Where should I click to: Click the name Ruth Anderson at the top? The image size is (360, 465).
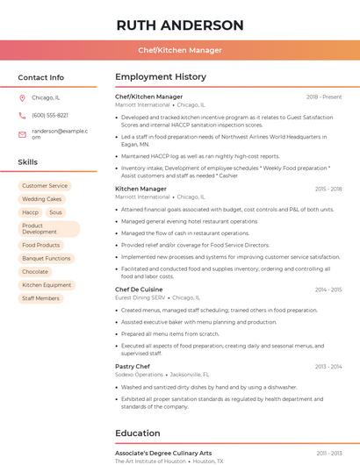pyautogui.click(x=180, y=25)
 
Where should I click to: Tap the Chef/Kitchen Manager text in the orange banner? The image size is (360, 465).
pyautogui.click(x=180, y=50)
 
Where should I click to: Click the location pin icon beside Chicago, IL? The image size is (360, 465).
pyautogui.click(x=22, y=97)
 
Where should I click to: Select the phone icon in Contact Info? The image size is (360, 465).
pyautogui.click(x=22, y=115)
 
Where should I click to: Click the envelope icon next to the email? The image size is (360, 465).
pyautogui.click(x=22, y=133)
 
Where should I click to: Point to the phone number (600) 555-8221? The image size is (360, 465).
pyautogui.click(x=50, y=115)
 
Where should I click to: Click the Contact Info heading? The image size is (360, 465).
pyautogui.click(x=41, y=77)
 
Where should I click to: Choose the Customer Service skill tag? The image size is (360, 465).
pyautogui.click(x=45, y=186)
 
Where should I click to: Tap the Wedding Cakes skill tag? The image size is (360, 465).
pyautogui.click(x=42, y=199)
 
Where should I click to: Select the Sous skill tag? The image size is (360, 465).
pyautogui.click(x=55, y=212)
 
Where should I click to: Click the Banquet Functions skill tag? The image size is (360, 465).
pyautogui.click(x=47, y=259)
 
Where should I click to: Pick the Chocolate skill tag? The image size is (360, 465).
pyautogui.click(x=35, y=272)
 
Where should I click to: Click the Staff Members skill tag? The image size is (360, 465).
pyautogui.click(x=41, y=298)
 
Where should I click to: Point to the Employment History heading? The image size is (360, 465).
pyautogui.click(x=161, y=77)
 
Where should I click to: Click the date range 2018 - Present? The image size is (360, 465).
pyautogui.click(x=324, y=97)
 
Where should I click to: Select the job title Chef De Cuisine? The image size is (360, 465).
pyautogui.click(x=139, y=290)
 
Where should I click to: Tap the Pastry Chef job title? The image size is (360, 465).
pyautogui.click(x=133, y=366)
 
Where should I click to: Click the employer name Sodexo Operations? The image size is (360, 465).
pyautogui.click(x=139, y=374)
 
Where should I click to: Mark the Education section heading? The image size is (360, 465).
pyautogui.click(x=138, y=433)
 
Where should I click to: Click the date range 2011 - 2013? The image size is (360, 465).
pyautogui.click(x=329, y=453)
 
